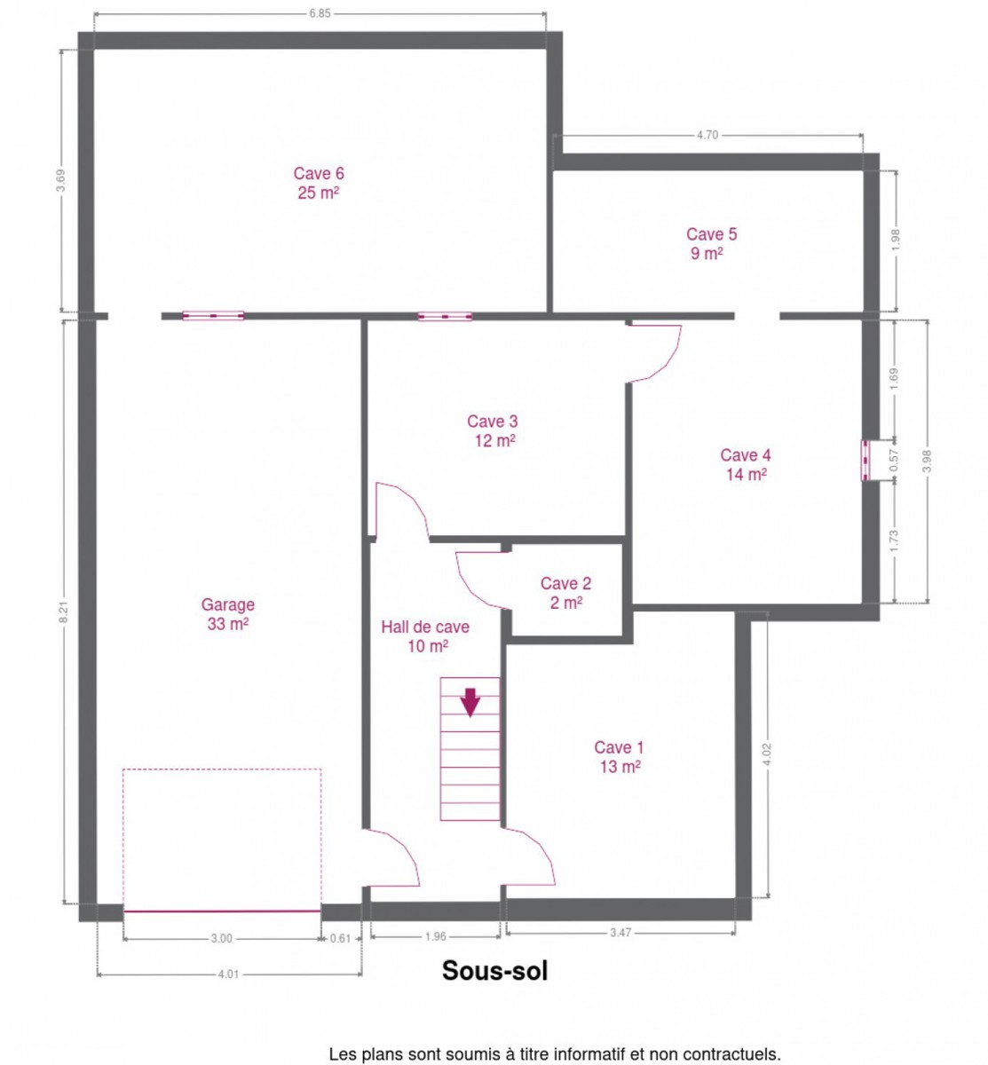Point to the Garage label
click(227, 604)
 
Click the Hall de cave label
click(425, 627)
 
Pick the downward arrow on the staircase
click(470, 702)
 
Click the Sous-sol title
click(494, 970)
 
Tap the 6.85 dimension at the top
click(320, 13)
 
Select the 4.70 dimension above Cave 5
click(707, 135)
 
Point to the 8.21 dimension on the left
click(63, 611)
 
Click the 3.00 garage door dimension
click(221, 938)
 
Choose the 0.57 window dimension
click(894, 460)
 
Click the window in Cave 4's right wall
click(865, 460)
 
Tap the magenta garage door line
click(222, 911)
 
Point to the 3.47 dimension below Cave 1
click(620, 933)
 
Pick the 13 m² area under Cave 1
click(620, 766)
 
